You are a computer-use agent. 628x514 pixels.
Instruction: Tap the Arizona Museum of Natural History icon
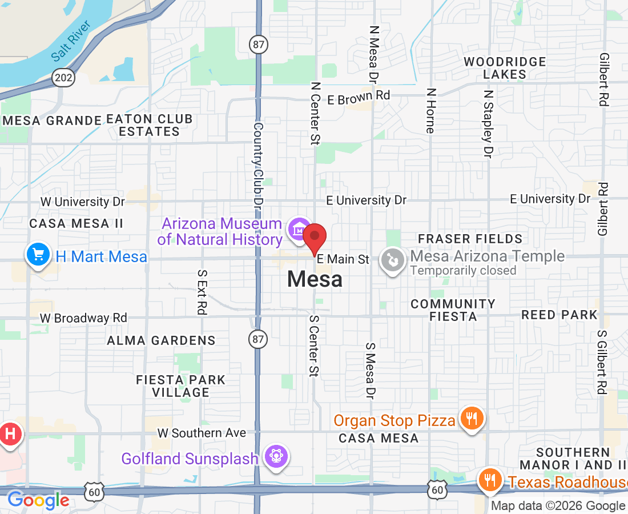coord(298,230)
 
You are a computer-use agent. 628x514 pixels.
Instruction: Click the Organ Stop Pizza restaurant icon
coord(472,419)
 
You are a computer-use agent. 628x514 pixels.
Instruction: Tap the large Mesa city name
coord(315,279)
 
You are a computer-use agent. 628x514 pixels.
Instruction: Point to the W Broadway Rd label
coord(83,318)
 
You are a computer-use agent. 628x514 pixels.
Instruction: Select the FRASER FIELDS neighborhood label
coord(470,239)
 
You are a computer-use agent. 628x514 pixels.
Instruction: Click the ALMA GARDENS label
coord(161,340)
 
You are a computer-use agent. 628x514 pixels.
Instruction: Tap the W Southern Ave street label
coord(202,433)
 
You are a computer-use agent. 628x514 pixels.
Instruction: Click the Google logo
coord(38,501)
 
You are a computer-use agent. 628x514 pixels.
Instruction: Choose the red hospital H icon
coord(10,434)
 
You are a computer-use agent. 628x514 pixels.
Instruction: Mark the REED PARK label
coord(559,315)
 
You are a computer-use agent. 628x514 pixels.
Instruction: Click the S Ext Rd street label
coord(202,292)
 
